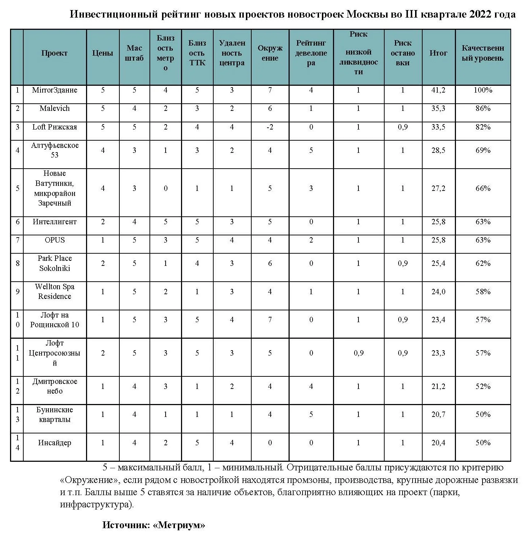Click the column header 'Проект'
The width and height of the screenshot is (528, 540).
point(54,53)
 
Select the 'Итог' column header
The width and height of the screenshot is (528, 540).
point(438,53)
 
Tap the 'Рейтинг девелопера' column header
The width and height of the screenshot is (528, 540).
point(311,53)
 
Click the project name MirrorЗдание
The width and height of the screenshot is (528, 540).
point(54,90)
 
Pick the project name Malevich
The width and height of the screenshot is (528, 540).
point(54,108)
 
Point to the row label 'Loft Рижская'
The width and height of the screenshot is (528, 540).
point(54,127)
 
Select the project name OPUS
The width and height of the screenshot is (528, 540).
point(54,240)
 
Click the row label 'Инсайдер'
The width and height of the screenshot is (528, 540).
point(54,443)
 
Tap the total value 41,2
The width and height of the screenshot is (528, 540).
point(438,90)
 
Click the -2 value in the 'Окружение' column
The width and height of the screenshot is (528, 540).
point(270,127)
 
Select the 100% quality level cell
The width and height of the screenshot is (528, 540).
point(482,90)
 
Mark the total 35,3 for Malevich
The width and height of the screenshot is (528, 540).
point(438,108)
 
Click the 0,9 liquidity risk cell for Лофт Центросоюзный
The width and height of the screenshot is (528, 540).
point(358,353)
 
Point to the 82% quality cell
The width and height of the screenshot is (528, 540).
point(482,127)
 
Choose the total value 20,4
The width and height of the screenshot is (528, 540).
point(438,443)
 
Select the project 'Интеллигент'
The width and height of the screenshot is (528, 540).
point(54,222)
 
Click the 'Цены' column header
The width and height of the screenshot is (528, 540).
point(103,53)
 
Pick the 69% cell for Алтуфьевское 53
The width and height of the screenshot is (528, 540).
point(482,150)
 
